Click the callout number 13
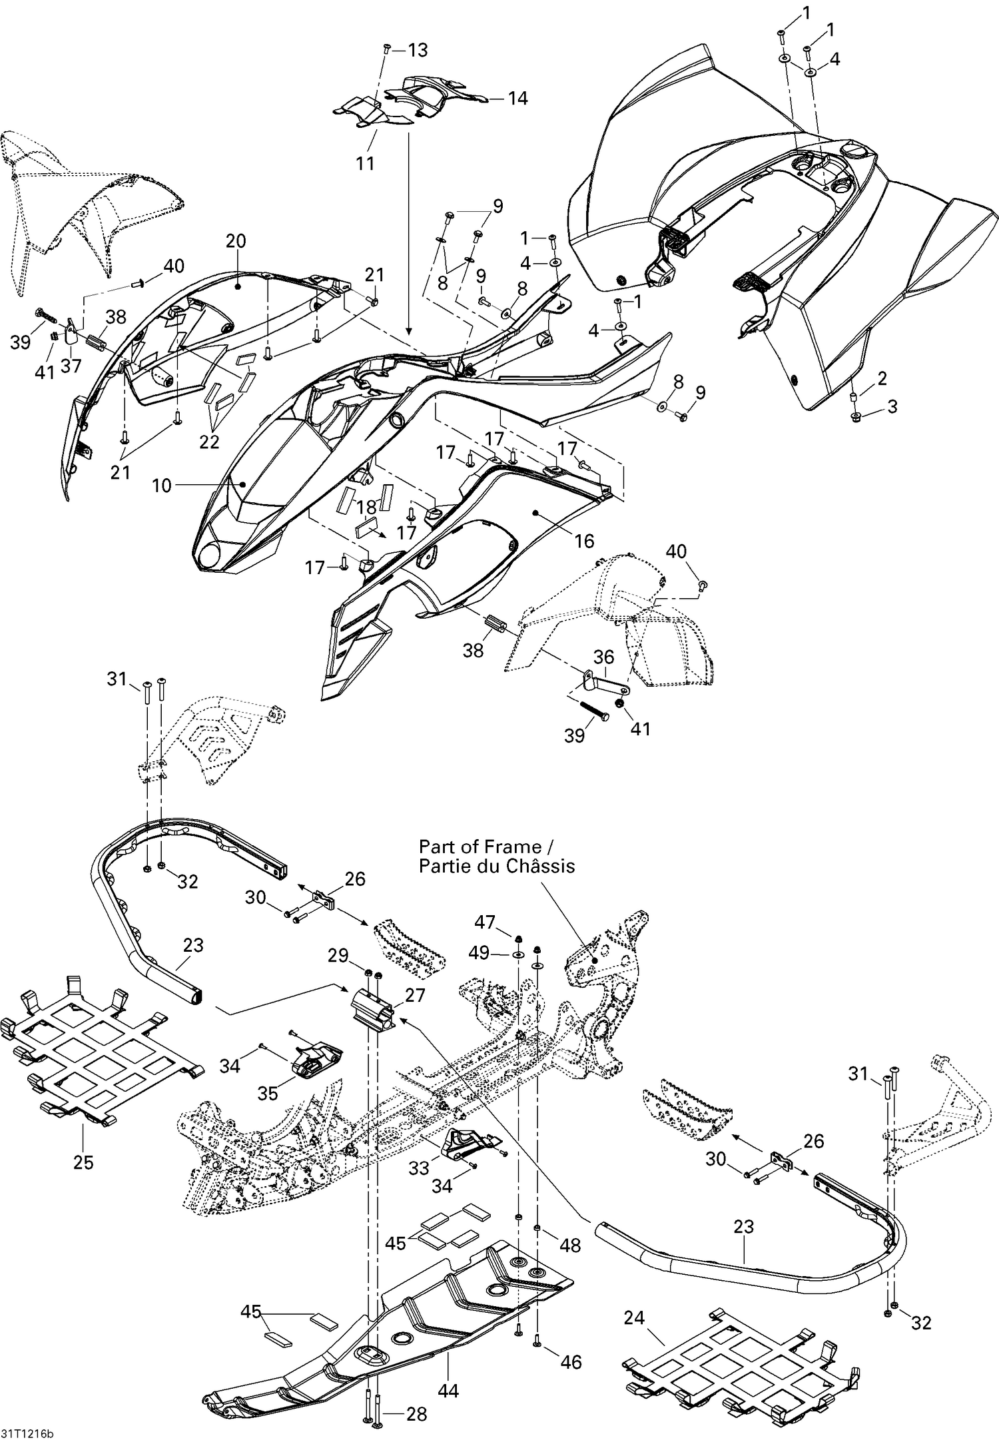418,50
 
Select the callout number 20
236,241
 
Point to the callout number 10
162,486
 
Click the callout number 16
583,541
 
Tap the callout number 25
83,1163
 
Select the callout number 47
484,922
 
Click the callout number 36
603,657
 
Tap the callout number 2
882,378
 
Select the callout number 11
365,163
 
